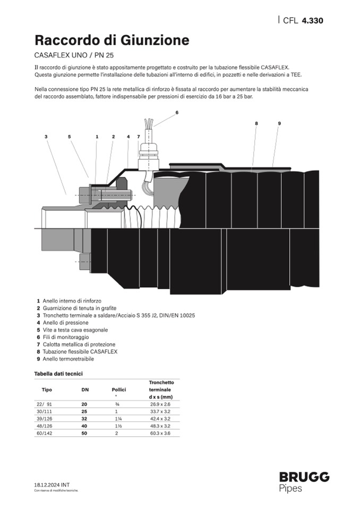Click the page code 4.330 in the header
(312, 21)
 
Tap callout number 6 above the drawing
(177, 113)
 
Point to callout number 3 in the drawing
(46, 137)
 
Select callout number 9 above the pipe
(279, 123)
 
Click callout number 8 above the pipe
(256, 123)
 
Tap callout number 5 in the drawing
(70, 137)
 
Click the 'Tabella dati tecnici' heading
(58, 374)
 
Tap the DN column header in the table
(85, 390)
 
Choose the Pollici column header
(119, 390)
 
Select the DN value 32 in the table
(84, 419)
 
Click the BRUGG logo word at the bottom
(304, 477)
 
